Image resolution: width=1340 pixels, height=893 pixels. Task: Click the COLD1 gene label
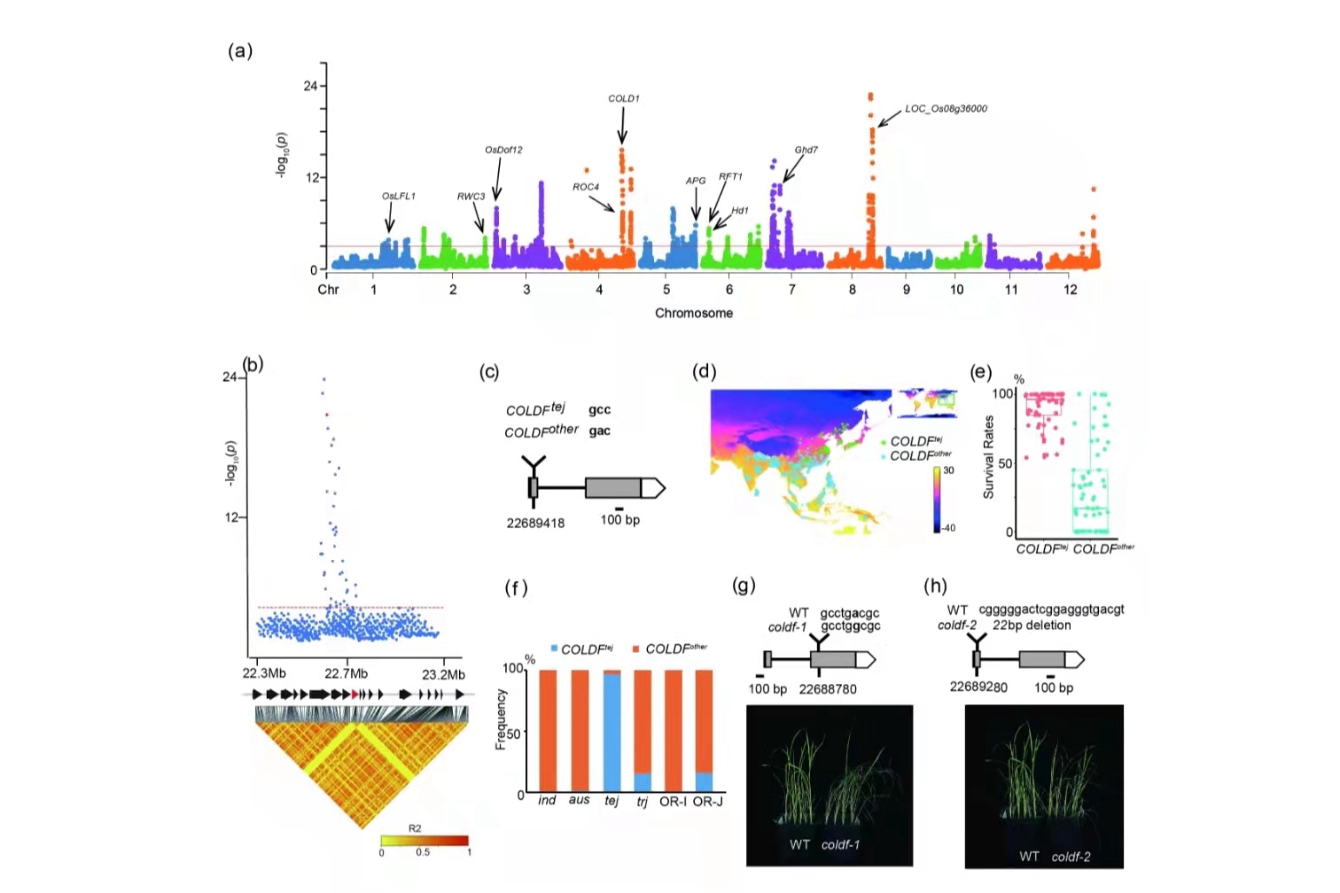(x=623, y=98)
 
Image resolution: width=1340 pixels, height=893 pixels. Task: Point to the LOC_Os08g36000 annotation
(x=946, y=109)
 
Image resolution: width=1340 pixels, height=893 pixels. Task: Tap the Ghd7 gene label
(x=806, y=150)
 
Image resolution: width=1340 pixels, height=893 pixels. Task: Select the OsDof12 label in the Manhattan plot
(x=503, y=150)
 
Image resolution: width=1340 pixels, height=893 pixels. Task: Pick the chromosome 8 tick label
(x=853, y=290)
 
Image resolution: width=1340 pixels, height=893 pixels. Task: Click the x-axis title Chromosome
(x=694, y=313)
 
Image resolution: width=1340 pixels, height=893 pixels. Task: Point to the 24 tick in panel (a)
(x=310, y=86)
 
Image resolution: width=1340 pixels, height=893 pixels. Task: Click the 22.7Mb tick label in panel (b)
(x=347, y=674)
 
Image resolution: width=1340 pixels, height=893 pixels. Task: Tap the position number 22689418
(x=535, y=523)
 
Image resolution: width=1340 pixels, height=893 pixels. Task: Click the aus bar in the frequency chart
(x=580, y=732)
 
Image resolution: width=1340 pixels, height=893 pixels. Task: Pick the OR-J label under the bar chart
(x=707, y=801)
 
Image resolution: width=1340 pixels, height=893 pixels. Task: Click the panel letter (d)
(x=705, y=371)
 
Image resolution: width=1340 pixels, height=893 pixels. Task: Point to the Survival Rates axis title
(x=989, y=457)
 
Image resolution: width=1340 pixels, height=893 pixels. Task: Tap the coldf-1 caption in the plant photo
(x=840, y=844)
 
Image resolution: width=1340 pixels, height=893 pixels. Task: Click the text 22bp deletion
(x=1032, y=625)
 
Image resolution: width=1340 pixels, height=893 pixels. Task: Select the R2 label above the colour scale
(x=415, y=828)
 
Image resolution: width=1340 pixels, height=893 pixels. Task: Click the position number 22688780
(x=828, y=689)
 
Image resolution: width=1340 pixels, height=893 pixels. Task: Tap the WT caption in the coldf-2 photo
(x=1029, y=857)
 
